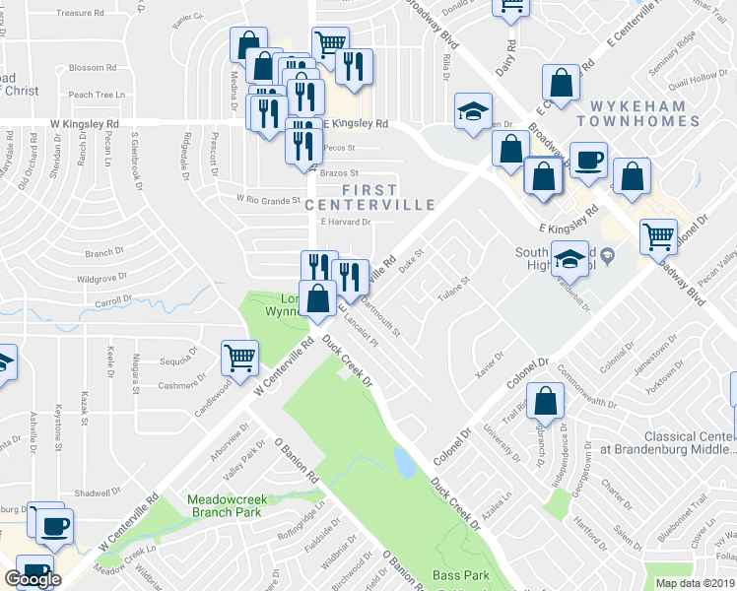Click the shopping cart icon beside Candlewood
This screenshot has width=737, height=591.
click(x=240, y=357)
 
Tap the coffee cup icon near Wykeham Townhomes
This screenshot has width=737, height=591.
click(x=588, y=159)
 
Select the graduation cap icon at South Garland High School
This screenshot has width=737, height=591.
click(x=569, y=258)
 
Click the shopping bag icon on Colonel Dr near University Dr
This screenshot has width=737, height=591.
click(x=545, y=401)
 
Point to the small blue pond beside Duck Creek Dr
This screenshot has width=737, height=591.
click(x=404, y=460)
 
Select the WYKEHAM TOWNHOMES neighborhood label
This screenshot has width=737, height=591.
click(x=645, y=112)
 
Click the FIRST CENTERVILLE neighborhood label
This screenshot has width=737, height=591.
click(x=370, y=197)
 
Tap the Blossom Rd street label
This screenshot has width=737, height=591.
click(x=94, y=68)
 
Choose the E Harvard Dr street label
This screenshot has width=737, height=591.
click(x=346, y=222)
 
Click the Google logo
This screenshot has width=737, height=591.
click(x=32, y=578)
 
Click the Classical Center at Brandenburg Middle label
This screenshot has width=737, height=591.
click(x=689, y=442)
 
